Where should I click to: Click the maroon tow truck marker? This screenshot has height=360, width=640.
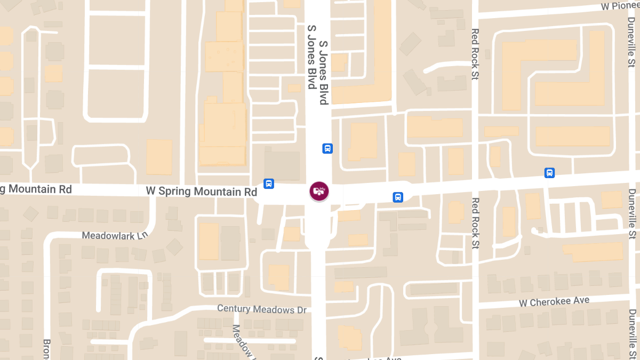tap(319, 191)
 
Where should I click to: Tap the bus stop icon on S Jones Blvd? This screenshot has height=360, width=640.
tap(327, 148)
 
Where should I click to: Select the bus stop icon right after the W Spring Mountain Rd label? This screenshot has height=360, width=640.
tap(269, 184)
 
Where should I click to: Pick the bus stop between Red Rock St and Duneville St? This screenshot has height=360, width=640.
tap(549, 173)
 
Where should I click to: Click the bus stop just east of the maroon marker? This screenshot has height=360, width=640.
tap(398, 197)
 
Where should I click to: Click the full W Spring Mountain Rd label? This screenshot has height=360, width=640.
tap(202, 191)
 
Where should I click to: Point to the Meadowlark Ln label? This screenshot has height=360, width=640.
tap(115, 235)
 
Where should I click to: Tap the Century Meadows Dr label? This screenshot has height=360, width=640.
tap(263, 309)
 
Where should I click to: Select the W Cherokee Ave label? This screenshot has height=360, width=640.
tap(554, 302)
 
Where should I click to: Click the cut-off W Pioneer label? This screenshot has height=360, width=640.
tap(620, 6)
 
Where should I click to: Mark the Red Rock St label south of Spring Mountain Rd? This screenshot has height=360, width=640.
tap(475, 223)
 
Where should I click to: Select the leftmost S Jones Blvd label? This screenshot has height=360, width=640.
tap(311, 57)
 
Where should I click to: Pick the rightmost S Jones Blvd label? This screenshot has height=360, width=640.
tap(324, 71)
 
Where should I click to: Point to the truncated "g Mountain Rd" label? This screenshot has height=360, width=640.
tap(36, 189)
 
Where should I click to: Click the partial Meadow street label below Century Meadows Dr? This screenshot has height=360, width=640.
tap(243, 341)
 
